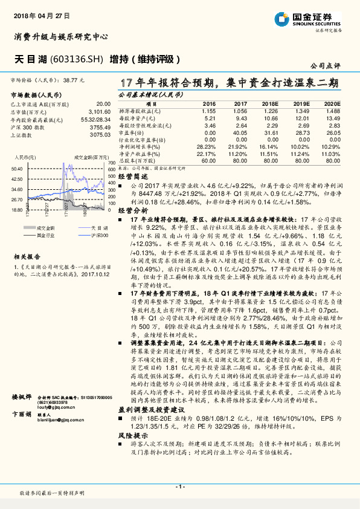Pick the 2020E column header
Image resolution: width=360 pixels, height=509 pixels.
click(332, 104)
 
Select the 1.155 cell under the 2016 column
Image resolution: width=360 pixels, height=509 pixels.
click(209, 111)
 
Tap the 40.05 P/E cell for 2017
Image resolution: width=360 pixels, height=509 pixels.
click(240, 132)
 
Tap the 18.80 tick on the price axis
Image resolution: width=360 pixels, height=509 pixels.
click(17, 210)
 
